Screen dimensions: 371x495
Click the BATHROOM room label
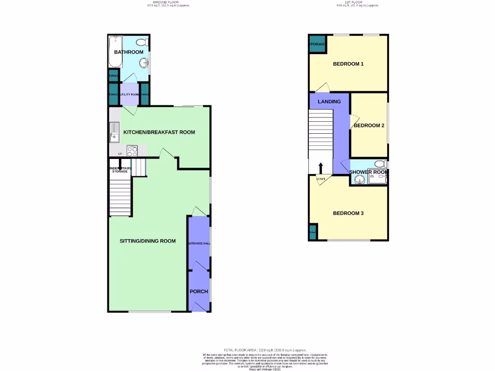[129, 52]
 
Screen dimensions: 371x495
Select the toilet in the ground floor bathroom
[142, 42]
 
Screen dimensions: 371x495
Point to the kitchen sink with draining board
[115, 132]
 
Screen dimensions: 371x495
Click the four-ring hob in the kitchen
[132, 151]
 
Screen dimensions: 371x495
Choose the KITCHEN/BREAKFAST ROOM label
[159, 132]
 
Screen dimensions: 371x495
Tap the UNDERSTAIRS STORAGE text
[120, 170]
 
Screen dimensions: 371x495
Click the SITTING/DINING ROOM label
[147, 241]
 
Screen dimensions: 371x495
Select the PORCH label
[199, 291]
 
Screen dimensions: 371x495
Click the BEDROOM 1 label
[348, 64]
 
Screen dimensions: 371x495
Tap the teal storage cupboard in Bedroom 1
[317, 44]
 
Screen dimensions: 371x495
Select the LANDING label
[329, 101]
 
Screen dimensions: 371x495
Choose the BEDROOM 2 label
[369, 126]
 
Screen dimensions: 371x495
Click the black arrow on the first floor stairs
[320, 168]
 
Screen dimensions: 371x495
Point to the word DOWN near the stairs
[320, 179]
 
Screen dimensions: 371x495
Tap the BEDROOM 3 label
[348, 214]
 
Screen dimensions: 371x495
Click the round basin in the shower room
[358, 180]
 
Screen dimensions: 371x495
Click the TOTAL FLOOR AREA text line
[264, 350]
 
